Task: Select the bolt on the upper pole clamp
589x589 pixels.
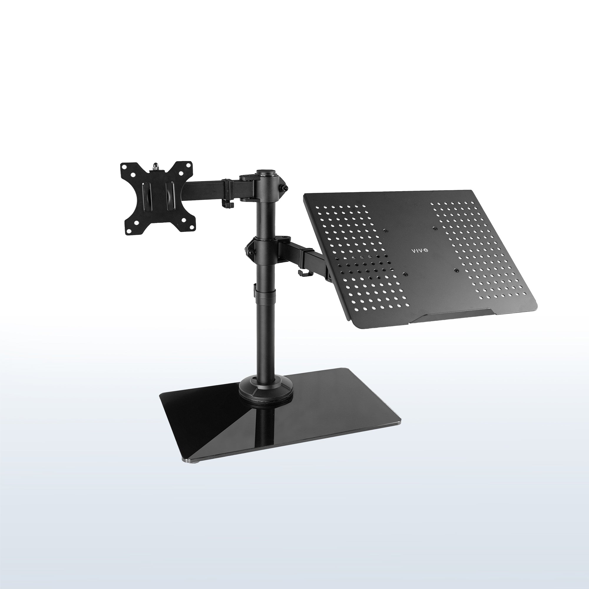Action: (286, 188)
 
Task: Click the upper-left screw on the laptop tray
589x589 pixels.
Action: (386, 230)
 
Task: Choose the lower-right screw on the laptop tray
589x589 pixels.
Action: (456, 270)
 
